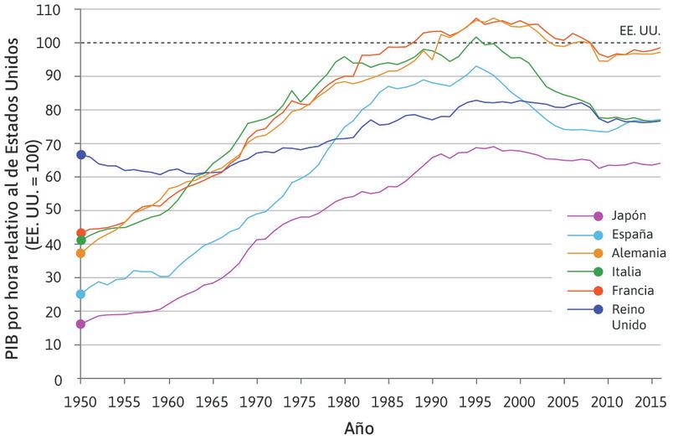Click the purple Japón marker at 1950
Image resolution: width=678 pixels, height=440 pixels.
coord(81,324)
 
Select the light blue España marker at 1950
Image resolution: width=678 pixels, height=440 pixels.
coord(81,294)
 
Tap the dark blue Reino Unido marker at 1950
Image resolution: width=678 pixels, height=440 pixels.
coord(81,154)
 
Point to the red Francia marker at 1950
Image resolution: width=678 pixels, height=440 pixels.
coord(81,233)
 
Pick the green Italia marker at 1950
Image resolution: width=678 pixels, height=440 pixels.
coord(81,241)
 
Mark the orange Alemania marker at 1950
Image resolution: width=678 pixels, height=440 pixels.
coord(81,253)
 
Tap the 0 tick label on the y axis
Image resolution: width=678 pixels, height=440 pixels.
coord(67,380)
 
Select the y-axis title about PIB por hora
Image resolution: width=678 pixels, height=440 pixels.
coord(23,193)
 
